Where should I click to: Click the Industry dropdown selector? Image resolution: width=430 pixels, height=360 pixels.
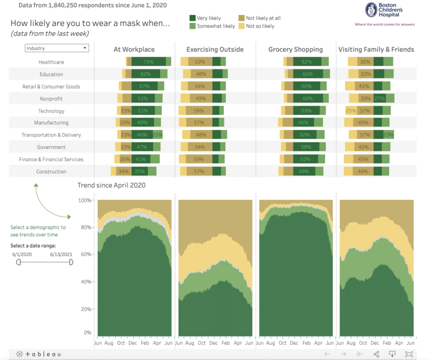pos(57,48)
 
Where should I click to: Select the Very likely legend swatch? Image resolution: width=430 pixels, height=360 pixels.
pos(193,18)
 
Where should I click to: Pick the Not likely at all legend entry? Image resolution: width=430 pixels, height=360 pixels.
pos(242,18)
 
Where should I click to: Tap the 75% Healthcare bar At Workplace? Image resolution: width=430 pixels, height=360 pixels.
pos(148,62)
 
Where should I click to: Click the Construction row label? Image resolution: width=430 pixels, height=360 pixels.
pos(51,172)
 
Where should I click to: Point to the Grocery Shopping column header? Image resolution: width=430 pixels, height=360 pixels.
pos(296,50)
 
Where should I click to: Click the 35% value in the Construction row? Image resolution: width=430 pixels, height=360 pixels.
pos(139,172)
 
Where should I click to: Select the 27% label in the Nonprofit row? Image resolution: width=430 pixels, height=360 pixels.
pos(380,99)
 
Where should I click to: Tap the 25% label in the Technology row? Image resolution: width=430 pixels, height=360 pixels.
pos(351,111)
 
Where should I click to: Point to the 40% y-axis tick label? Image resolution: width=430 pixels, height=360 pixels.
pos(85,282)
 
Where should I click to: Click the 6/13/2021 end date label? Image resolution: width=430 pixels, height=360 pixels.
pos(61,254)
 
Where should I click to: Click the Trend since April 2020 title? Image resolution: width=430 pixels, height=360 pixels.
pos(111,185)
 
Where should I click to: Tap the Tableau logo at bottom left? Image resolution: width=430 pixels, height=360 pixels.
pos(39,354)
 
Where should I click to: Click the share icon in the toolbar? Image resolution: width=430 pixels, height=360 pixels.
pos(376,354)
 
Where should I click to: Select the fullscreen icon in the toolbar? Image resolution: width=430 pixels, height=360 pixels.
pos(409,354)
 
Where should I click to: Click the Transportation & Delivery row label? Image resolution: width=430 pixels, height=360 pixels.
pos(51,135)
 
